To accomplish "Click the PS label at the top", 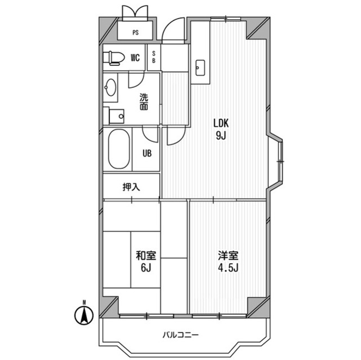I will tap(135, 33).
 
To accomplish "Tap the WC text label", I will tap(135, 57).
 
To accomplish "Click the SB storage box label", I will tap(154, 57).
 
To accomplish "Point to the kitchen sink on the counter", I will tap(200, 68).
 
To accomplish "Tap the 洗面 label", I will tap(144, 101).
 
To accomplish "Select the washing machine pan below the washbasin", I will tap(116, 115).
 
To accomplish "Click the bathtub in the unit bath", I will tap(118, 149).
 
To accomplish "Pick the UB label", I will tap(146, 152).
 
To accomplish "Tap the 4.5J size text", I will tap(228, 267).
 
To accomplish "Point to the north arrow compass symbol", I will tap(83, 314).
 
